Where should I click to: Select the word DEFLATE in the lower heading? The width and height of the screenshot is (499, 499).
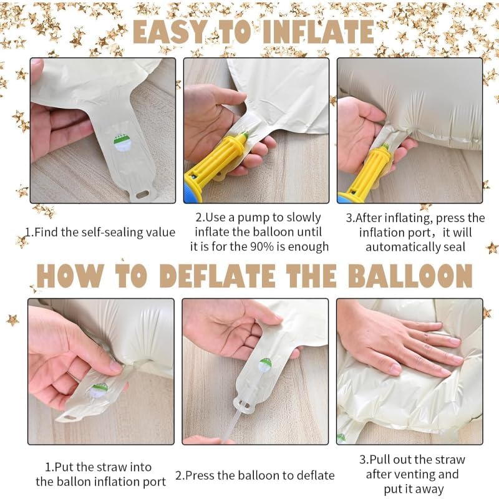point(218,276)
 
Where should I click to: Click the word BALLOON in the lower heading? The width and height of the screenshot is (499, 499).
point(410,276)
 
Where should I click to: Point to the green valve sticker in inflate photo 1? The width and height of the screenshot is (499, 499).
point(122,143)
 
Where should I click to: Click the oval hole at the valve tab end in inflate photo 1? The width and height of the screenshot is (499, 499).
point(143,193)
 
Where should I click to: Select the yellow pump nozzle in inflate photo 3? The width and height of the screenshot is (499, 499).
point(373,170)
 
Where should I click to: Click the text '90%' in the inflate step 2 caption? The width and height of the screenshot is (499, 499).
point(262,246)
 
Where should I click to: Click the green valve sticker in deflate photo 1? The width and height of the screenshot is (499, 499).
point(99,390)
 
